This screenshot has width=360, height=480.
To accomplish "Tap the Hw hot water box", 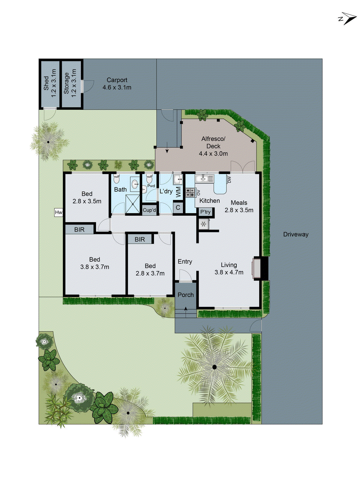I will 58,212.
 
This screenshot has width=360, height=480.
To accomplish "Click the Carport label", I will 117,80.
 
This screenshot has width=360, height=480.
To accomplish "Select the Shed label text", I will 46,83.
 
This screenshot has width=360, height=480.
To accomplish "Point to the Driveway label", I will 296,234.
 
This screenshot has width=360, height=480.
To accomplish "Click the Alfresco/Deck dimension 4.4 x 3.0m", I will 213,154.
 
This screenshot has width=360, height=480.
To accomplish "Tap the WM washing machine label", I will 178,192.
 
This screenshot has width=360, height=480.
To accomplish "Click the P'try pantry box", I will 205,212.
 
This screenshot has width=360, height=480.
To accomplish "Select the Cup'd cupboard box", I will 149,210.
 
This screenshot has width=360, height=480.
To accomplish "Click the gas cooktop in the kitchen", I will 190,192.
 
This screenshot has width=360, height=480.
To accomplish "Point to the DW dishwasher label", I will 229,179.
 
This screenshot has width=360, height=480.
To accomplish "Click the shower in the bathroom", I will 133,204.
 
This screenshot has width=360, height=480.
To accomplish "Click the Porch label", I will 186,295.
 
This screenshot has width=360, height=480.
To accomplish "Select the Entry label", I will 185,262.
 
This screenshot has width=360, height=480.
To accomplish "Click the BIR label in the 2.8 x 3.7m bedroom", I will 140,239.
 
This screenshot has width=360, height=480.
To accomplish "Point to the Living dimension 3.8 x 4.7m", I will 229,272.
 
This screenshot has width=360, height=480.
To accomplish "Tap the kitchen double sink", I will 204,179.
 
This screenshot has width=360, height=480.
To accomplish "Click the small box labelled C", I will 178,207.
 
